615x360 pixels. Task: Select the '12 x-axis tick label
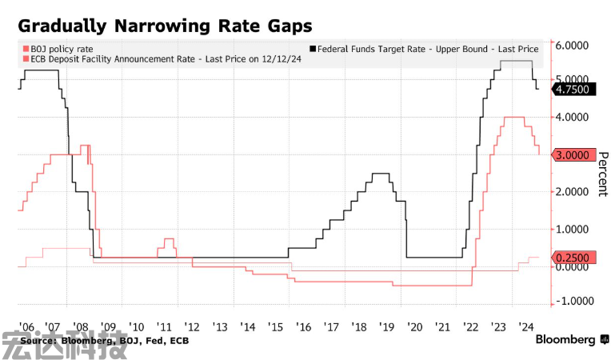pos(192,326)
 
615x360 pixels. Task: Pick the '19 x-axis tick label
pos(387,326)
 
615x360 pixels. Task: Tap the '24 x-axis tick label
pos(525,326)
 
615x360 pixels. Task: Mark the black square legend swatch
pos(313,49)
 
